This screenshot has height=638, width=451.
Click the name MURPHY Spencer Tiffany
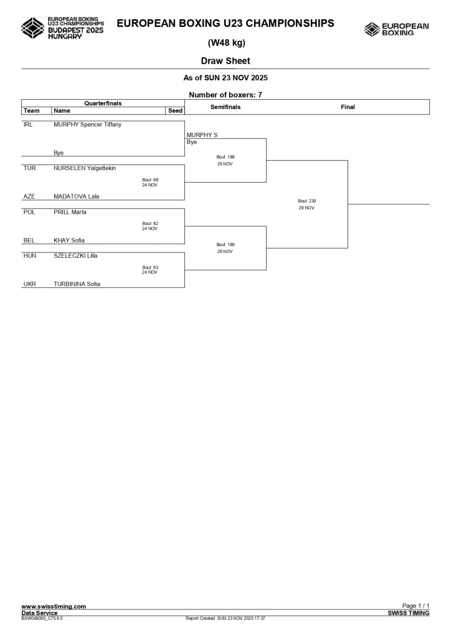pyautogui.click(x=87, y=125)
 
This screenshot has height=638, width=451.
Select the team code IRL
pyautogui.click(x=27, y=125)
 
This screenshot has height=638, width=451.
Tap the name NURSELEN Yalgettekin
pyautogui.click(x=85, y=168)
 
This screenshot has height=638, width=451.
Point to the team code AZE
pyautogui.click(x=29, y=196)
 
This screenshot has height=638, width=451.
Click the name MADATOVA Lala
pyautogui.click(x=76, y=196)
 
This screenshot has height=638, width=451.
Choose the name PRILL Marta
pyautogui.click(x=70, y=212)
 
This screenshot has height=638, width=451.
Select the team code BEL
pyautogui.click(x=29, y=240)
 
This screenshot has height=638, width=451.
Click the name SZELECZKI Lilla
pyautogui.click(x=75, y=255)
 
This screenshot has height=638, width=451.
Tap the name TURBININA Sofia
pyautogui.click(x=77, y=284)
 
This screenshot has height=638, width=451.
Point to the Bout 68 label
pyautogui.click(x=150, y=180)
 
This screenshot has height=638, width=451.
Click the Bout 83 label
pyautogui.click(x=150, y=267)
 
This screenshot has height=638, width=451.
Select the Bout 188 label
pyautogui.click(x=225, y=157)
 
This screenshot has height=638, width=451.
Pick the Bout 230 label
pyautogui.click(x=307, y=201)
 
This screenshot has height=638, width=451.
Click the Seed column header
pyautogui.click(x=176, y=111)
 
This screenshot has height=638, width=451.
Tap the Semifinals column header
pyautogui.click(x=225, y=107)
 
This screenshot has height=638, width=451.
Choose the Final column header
pyautogui.click(x=348, y=107)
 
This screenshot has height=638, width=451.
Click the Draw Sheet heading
pyautogui.click(x=225, y=61)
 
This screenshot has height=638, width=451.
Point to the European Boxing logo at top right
pyautogui.click(x=396, y=29)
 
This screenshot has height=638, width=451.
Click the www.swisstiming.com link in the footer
pyautogui.click(x=54, y=606)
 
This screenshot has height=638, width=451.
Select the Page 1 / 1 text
pyautogui.click(x=415, y=606)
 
